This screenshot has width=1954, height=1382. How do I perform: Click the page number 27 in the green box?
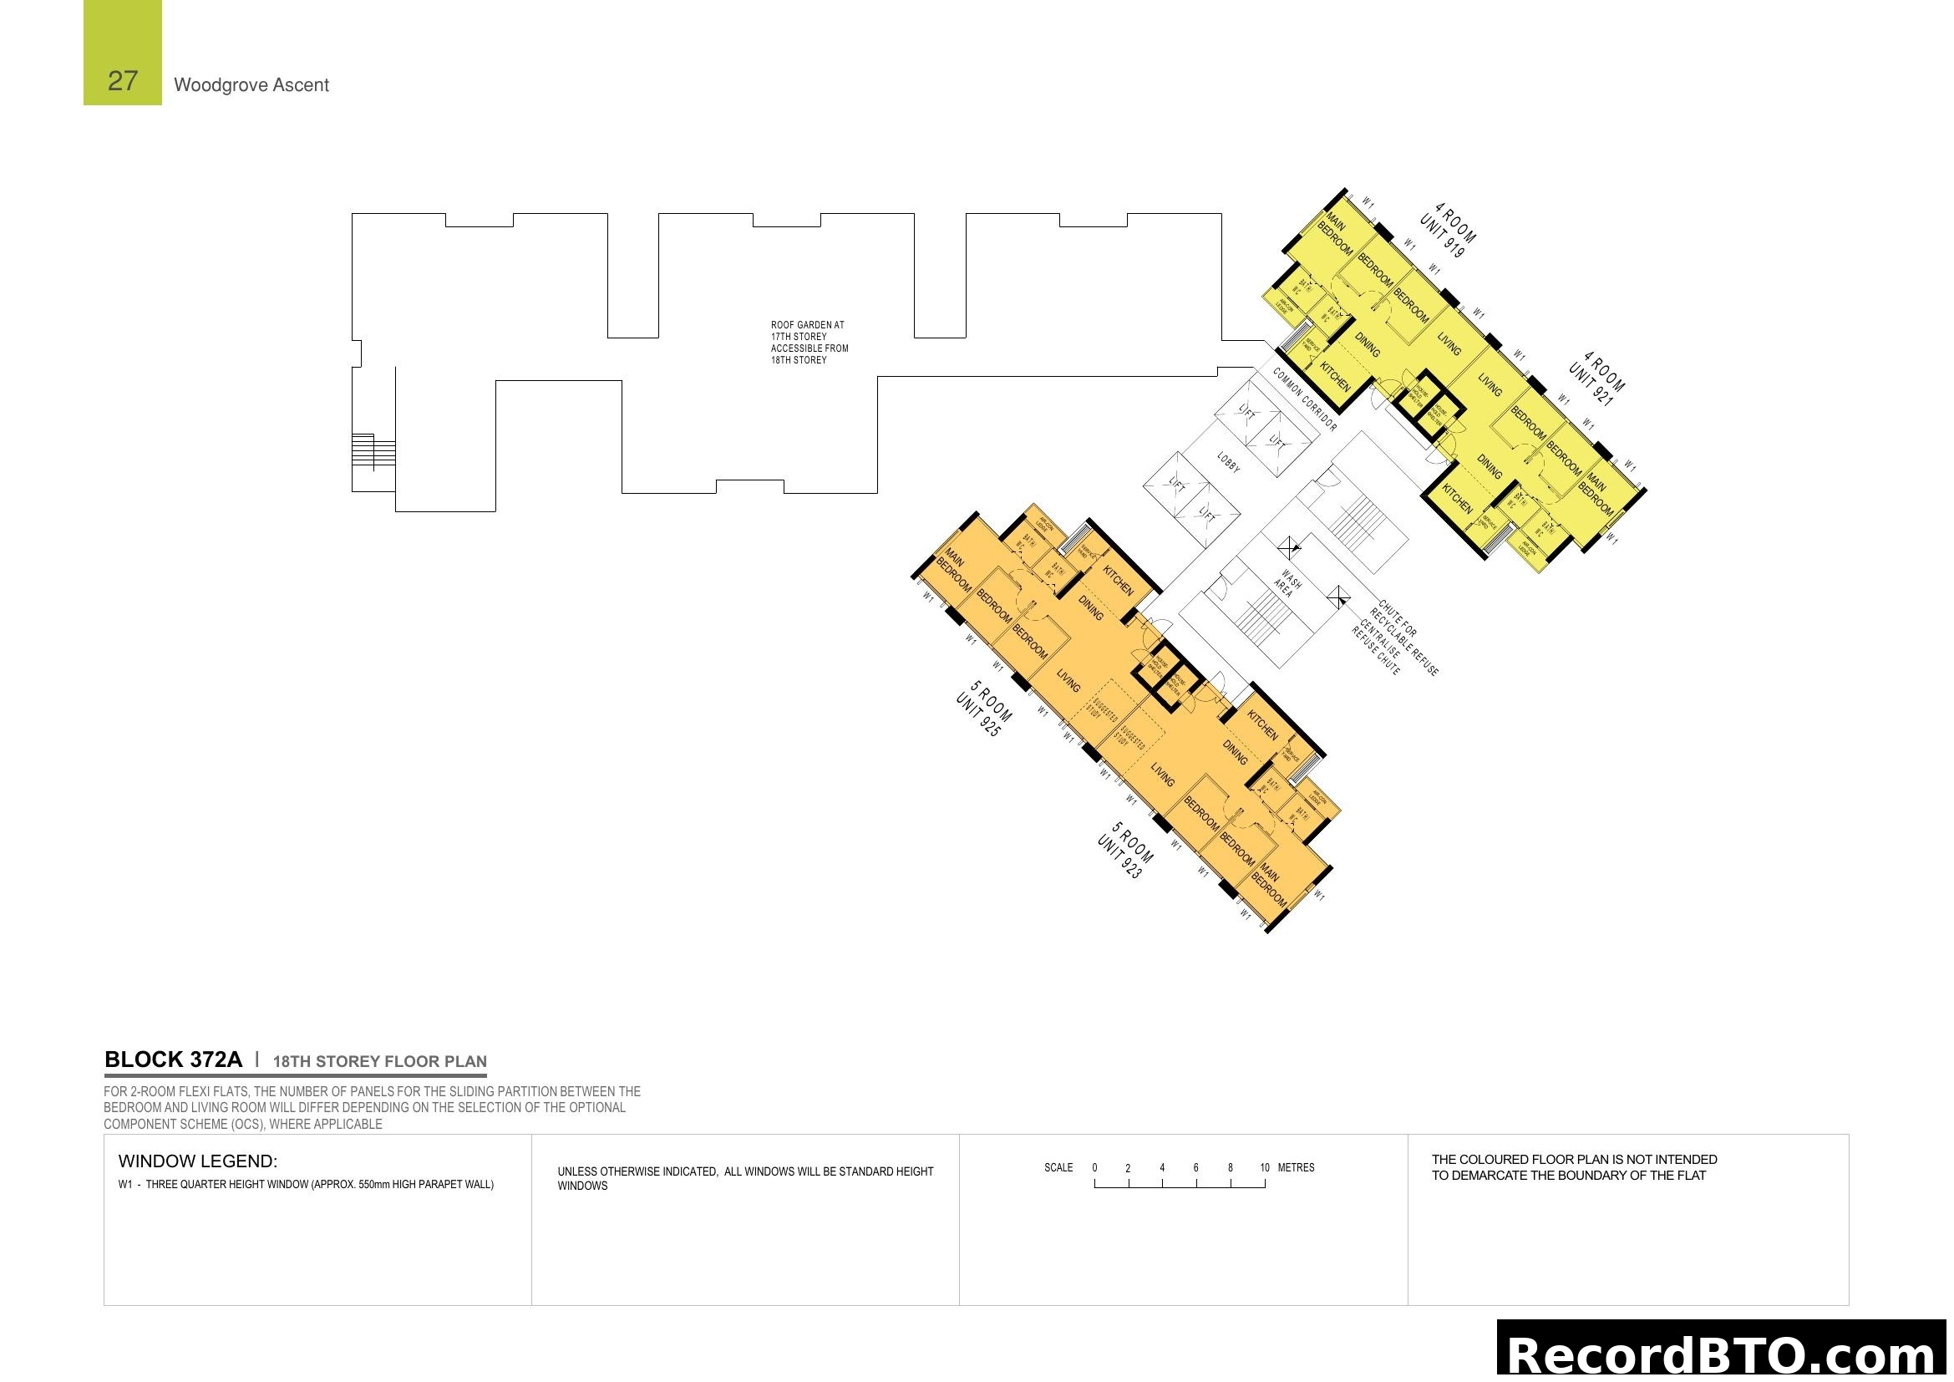point(123,81)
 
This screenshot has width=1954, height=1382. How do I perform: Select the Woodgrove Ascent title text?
point(251,85)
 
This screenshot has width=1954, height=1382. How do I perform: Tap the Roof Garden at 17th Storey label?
point(809,342)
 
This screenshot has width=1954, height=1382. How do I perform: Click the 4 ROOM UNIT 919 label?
point(1448,230)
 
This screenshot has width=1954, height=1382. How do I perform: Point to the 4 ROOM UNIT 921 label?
point(1596,379)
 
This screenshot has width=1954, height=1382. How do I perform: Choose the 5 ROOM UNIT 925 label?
point(984,709)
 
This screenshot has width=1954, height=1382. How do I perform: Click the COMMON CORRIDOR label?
point(1305,399)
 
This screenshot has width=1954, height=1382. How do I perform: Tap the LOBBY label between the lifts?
point(1228,462)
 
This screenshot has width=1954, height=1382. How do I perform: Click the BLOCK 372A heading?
point(173,1059)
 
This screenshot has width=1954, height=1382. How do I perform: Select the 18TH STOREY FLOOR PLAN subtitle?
point(379,1061)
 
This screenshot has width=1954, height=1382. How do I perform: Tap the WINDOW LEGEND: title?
point(197,1161)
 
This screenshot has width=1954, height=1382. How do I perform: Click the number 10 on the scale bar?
point(1264,1167)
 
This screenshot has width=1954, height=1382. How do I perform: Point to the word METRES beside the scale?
point(1296,1167)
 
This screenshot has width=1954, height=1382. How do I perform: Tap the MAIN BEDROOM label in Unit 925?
point(954,571)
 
